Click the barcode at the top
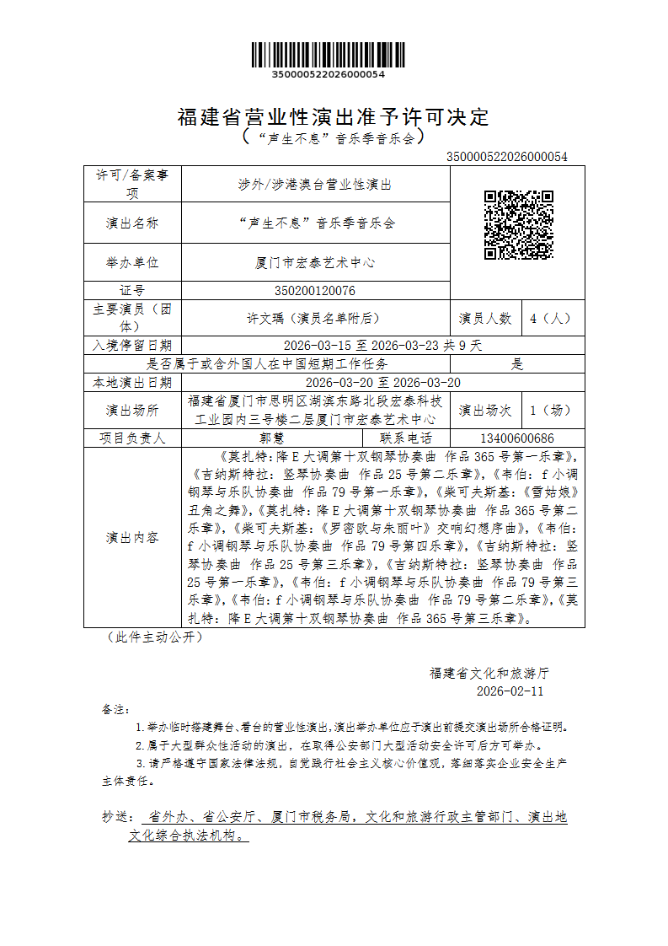point(328,55)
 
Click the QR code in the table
point(518,225)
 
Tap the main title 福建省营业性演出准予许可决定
point(334,117)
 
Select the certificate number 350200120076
point(315,290)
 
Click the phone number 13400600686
point(516,438)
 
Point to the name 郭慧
point(272,438)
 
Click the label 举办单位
point(132,262)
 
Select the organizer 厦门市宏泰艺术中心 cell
point(315,262)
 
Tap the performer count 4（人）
point(551,319)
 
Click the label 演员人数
point(485,319)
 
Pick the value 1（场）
point(551,411)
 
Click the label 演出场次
point(485,411)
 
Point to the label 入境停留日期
point(132,346)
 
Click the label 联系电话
point(406,438)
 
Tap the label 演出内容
point(132,538)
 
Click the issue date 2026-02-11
point(510,691)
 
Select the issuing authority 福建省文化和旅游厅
point(489,673)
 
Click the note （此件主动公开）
point(155,637)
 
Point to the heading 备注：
point(116,709)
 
